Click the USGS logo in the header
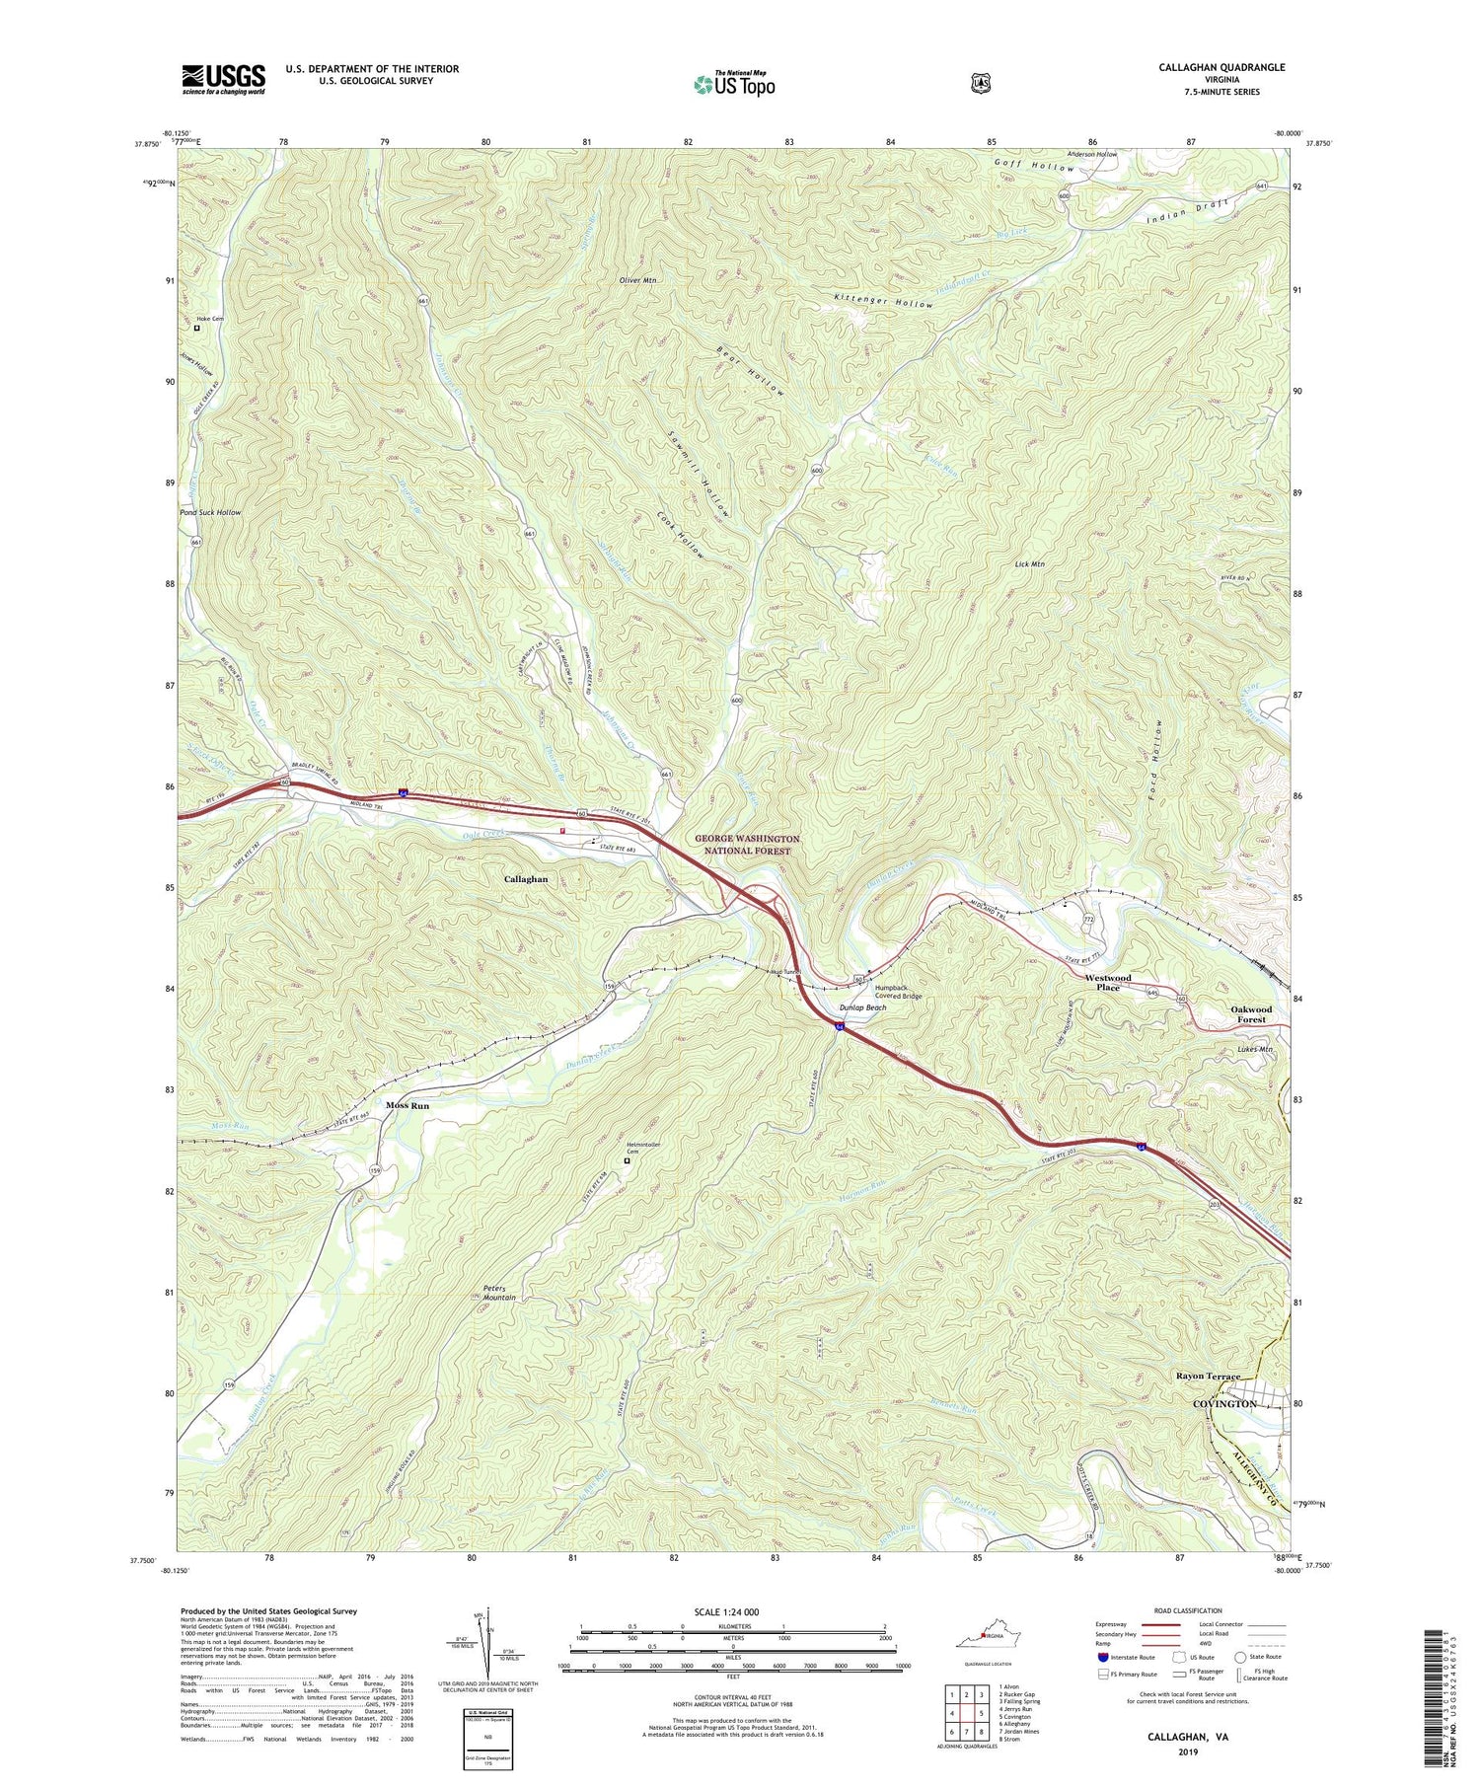pyautogui.click(x=223, y=79)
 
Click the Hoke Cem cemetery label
pyautogui.click(x=210, y=318)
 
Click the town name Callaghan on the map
pyautogui.click(x=526, y=878)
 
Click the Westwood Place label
pyautogui.click(x=1108, y=982)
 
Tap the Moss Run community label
pyautogui.click(x=407, y=1106)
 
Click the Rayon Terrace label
pyautogui.click(x=1208, y=1376)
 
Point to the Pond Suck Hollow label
pyautogui.click(x=210, y=513)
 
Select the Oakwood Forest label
pyautogui.click(x=1251, y=1014)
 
